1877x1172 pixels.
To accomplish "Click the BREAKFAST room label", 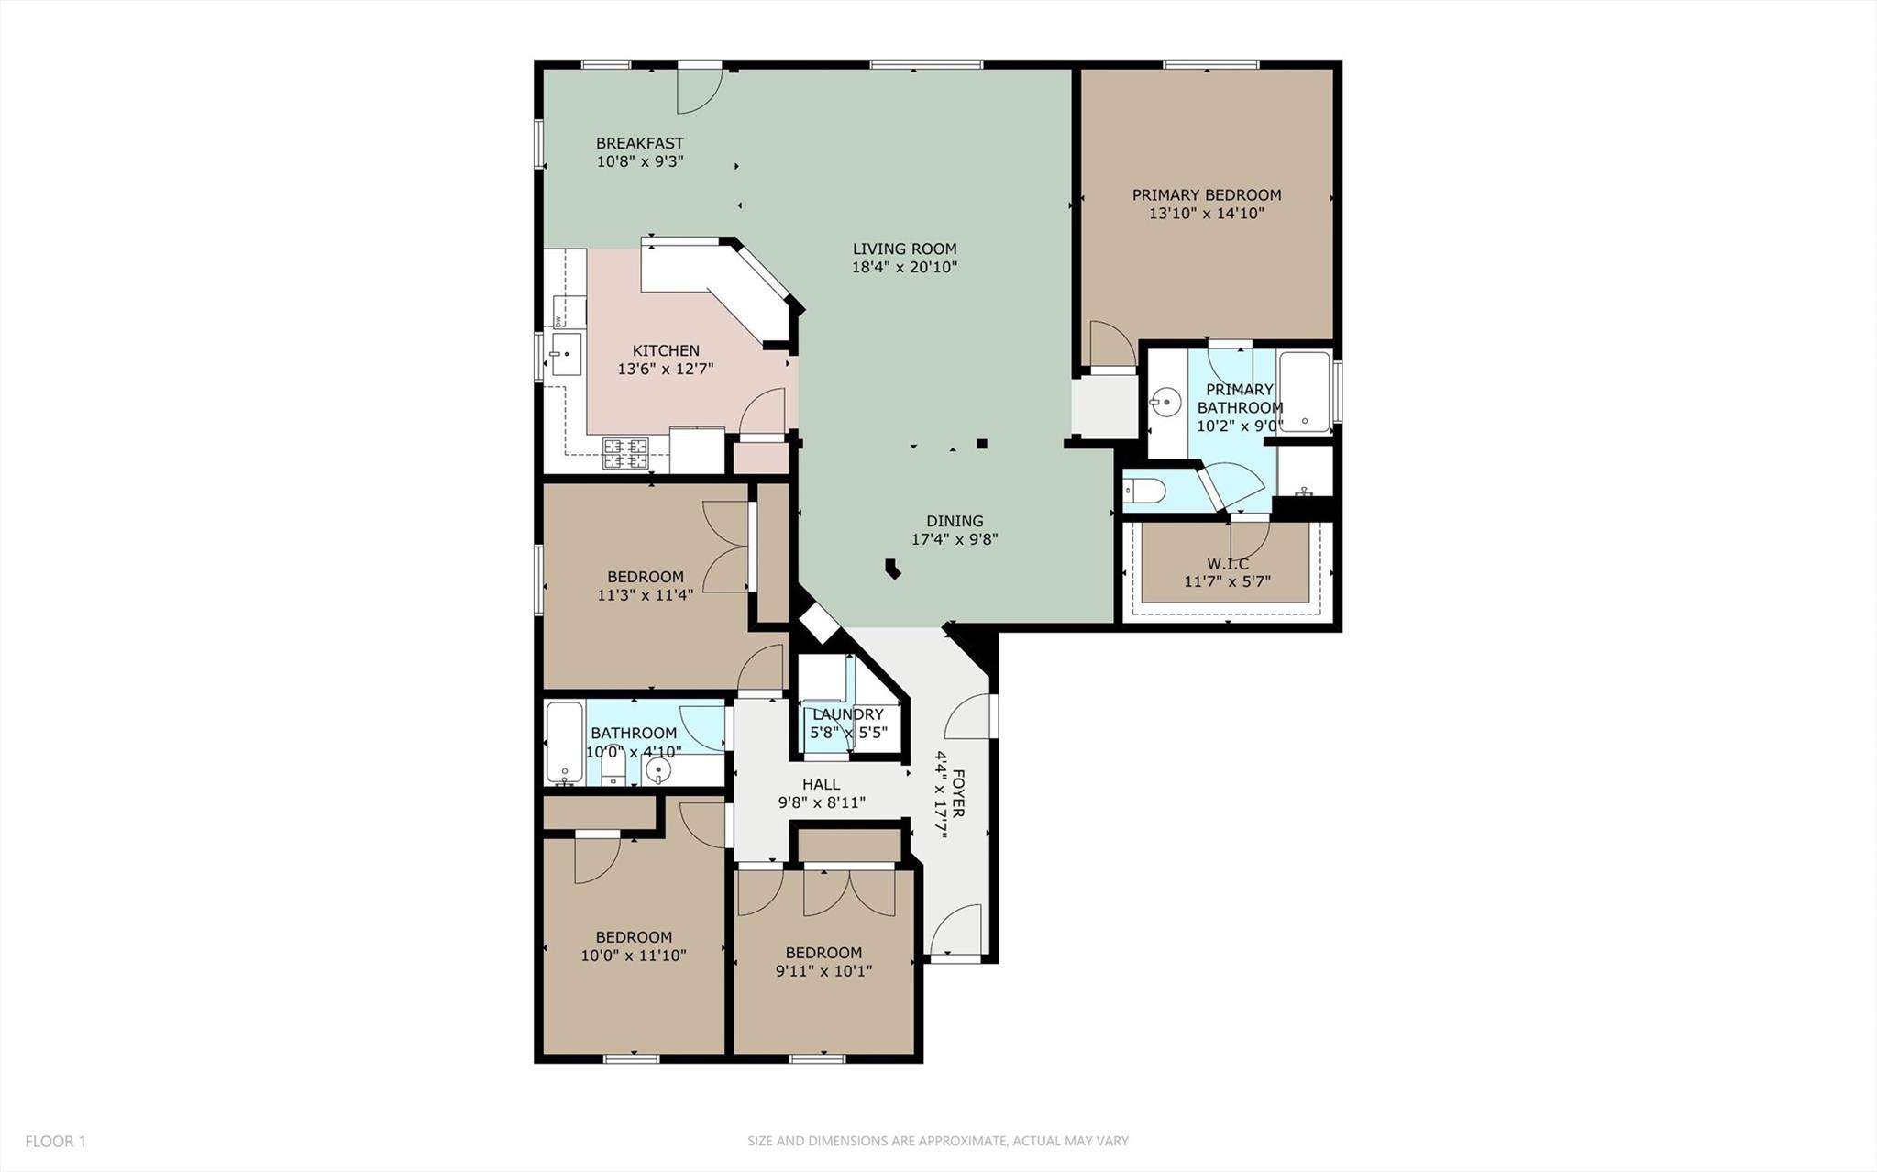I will click(639, 143).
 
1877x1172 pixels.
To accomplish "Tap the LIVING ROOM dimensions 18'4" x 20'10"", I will click(904, 268).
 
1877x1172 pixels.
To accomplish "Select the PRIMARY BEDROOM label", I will click(1206, 194).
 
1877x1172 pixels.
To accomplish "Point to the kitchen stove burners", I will click(624, 452).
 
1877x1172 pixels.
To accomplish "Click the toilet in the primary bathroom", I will click(1145, 492).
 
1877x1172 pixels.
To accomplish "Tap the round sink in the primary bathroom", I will click(1165, 402).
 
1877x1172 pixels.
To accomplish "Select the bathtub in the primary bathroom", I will click(1305, 392).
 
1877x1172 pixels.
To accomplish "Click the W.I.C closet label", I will click(1227, 564).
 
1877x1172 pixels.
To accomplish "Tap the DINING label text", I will click(955, 521).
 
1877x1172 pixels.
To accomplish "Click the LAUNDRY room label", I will click(847, 714).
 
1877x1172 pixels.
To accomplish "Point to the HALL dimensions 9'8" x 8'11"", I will click(822, 803).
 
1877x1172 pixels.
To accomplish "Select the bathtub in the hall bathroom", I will click(564, 743).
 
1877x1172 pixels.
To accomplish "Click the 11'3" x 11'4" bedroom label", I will click(645, 577).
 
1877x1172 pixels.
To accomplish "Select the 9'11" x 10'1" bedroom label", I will click(823, 953).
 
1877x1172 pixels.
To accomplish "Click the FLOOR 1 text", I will click(55, 1142).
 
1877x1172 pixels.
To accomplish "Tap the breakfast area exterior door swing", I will click(700, 92).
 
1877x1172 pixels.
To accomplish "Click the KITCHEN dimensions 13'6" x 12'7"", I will click(665, 370).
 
